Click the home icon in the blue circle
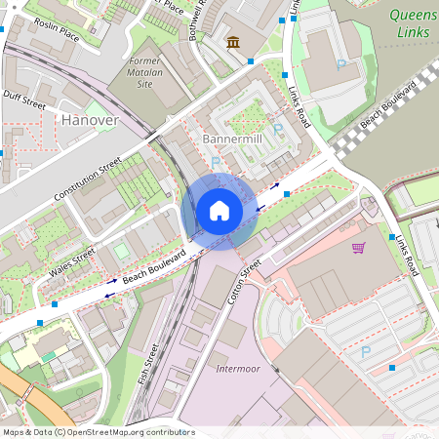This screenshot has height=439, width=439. [219, 211]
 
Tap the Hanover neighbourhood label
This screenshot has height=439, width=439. [89, 120]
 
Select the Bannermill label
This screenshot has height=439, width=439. [234, 140]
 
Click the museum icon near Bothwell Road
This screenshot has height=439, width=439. [234, 42]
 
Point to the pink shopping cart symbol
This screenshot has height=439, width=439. [358, 248]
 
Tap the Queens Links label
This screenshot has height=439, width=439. [413, 24]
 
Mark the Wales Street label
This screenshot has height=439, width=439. [72, 260]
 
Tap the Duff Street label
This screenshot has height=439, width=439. [24, 99]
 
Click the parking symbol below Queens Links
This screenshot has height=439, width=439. [340, 64]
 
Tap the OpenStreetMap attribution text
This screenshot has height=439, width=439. [98, 432]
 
